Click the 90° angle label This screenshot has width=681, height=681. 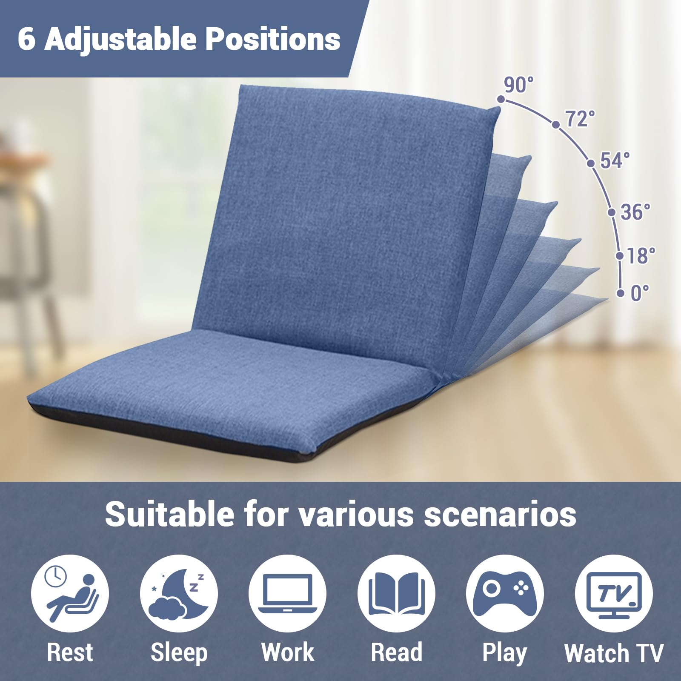pos(518,85)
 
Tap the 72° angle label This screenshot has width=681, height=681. pos(580,119)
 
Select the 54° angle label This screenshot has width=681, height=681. pos(615,160)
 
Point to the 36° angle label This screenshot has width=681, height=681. pos(635,212)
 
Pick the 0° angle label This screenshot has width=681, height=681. pos(640,293)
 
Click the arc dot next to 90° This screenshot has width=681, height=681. pos(501,99)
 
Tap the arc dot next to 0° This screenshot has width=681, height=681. pos(621,293)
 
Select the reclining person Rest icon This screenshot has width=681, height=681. pos(70,593)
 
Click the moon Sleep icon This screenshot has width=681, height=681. pos(179,593)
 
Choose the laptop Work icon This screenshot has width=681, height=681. pos(288,593)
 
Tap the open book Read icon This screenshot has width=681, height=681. pos(396,593)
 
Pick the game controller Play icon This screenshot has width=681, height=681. pos(505,593)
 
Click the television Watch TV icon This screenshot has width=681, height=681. pos(614,593)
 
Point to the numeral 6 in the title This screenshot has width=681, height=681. pos(26,39)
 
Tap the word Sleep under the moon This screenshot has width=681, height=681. pos(179,653)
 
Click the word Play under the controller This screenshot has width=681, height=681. pos(505,653)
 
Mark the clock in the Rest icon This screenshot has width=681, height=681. pos(56,577)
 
